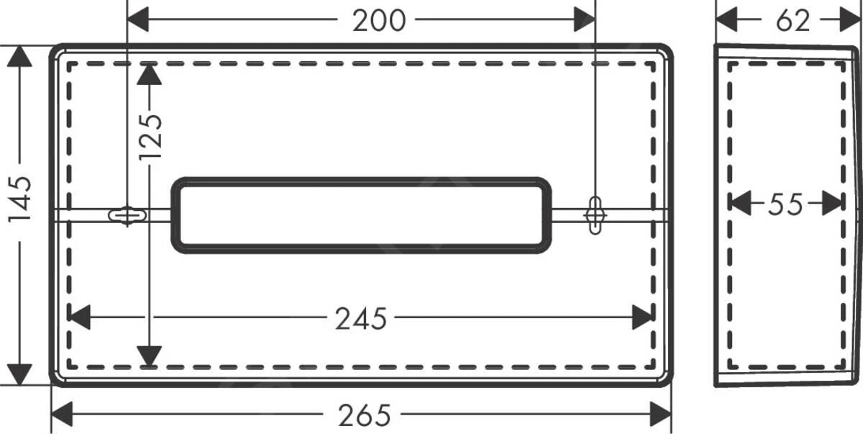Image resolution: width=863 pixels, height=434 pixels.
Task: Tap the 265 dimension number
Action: click(x=364, y=415)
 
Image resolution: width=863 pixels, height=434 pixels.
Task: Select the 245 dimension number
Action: click(x=361, y=318)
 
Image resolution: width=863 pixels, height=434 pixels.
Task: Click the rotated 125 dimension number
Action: click(x=150, y=136)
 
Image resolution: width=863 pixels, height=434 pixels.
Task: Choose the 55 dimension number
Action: click(x=785, y=205)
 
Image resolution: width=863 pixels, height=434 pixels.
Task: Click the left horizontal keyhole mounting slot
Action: click(x=127, y=215)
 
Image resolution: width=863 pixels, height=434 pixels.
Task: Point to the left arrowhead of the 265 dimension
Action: click(x=62, y=414)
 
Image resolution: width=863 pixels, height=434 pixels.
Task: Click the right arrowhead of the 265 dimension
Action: click(x=660, y=414)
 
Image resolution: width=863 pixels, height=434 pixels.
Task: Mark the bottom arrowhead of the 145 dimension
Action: click(x=20, y=374)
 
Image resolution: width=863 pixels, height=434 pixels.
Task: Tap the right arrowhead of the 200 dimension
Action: click(x=584, y=20)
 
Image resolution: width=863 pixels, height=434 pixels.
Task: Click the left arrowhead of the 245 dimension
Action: click(x=78, y=317)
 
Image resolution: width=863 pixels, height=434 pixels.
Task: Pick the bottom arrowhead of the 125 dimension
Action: click(x=149, y=356)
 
